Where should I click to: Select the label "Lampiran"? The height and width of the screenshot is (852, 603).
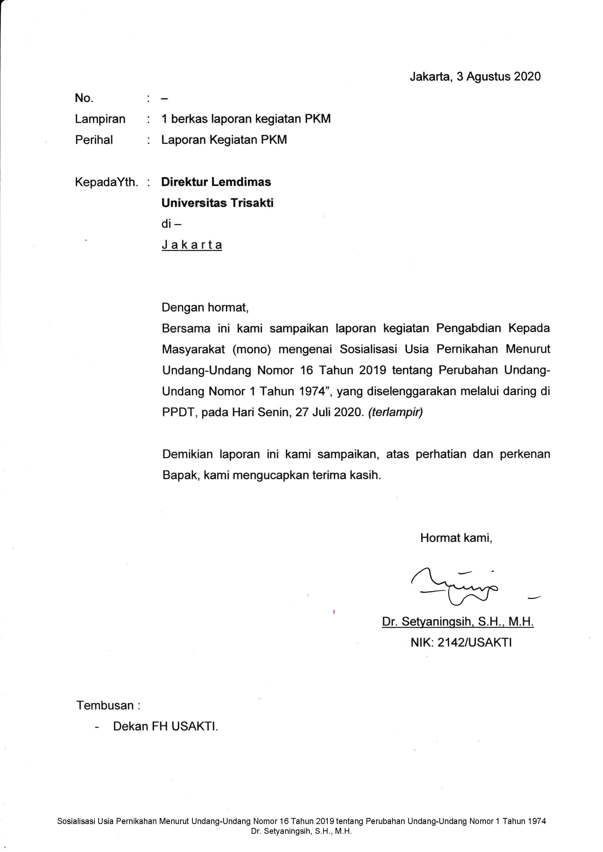[x=100, y=119]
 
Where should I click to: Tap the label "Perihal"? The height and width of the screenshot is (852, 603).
[x=94, y=140]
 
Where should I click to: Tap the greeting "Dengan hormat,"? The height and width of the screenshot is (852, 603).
[x=205, y=307]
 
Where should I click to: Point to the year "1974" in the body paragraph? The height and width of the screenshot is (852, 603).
[x=312, y=391]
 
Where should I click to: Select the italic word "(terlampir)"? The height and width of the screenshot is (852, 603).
[x=395, y=412]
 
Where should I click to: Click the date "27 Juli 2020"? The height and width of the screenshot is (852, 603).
[x=328, y=412]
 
